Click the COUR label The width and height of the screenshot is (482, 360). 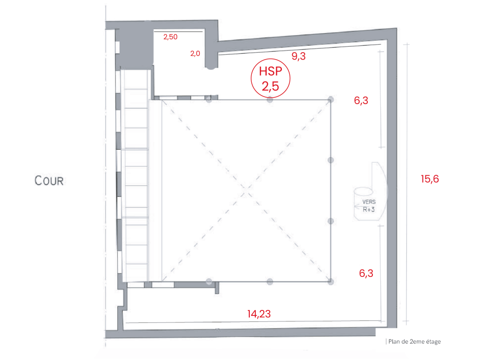pyautogui.click(x=49, y=180)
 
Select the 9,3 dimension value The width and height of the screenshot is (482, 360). pyautogui.click(x=298, y=56)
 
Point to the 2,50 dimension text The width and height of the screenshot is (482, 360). pyautogui.click(x=170, y=37)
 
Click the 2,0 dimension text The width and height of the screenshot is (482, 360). pyautogui.click(x=195, y=54)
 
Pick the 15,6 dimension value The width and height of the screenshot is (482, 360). pyautogui.click(x=430, y=179)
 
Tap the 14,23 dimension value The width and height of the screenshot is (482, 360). pyautogui.click(x=259, y=314)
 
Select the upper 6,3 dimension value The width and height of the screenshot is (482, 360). pyautogui.click(x=361, y=101)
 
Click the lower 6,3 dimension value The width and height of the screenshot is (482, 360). pyautogui.click(x=366, y=273)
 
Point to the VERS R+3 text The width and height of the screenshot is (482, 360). pyautogui.click(x=369, y=206)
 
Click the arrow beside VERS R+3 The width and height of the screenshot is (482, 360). pyautogui.click(x=358, y=206)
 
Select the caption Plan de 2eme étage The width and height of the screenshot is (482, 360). pyautogui.click(x=414, y=341)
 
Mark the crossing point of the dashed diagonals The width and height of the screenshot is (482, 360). pyautogui.click(x=246, y=191)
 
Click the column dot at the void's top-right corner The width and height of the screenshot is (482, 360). pyautogui.click(x=331, y=99)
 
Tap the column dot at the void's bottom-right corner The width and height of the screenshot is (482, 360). pyautogui.click(x=331, y=281)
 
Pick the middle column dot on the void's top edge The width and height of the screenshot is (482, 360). pyautogui.click(x=270, y=100)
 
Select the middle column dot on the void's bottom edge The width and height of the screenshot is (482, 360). pyautogui.click(x=270, y=281)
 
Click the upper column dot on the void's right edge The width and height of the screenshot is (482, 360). pyautogui.click(x=331, y=160)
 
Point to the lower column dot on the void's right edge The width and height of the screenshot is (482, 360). pyautogui.click(x=331, y=221)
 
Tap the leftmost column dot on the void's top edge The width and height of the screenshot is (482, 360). pyautogui.click(x=209, y=100)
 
